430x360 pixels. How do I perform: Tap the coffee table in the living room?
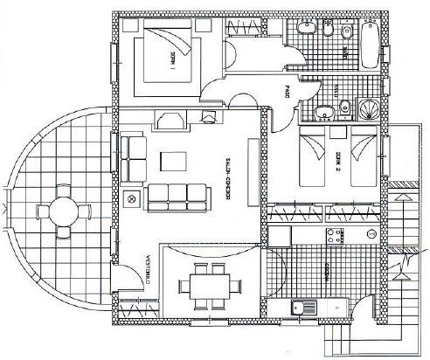(x=173, y=160)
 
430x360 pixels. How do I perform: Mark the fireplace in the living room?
(x=207, y=116)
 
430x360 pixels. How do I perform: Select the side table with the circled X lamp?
(x=132, y=199)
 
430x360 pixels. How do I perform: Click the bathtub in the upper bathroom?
(x=370, y=43)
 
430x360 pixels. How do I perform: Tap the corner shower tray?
(x=369, y=109)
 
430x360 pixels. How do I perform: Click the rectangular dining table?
(x=207, y=284)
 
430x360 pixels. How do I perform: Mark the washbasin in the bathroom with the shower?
(x=323, y=111)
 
